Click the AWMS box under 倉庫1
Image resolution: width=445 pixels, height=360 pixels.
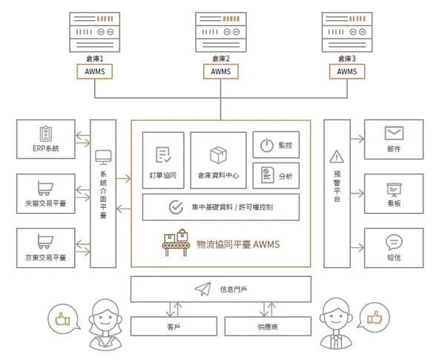(x=94, y=71)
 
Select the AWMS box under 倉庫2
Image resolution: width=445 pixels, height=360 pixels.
(x=221, y=71)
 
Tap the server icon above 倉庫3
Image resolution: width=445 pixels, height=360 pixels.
(x=347, y=32)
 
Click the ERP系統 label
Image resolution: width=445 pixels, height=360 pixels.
(x=46, y=148)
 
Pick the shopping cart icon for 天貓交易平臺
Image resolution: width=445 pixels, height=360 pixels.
(x=45, y=188)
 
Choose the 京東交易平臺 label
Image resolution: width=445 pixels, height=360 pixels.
(x=46, y=258)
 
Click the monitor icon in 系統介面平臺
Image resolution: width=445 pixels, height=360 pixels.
(x=103, y=157)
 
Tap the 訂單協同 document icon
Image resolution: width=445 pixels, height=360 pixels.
(x=163, y=154)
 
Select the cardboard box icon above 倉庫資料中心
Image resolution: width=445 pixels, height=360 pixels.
(x=218, y=155)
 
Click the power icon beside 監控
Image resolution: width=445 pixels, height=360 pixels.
(x=267, y=145)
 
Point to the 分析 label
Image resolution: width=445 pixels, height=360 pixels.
(x=286, y=177)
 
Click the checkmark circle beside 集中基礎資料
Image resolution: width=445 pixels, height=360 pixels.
(x=176, y=207)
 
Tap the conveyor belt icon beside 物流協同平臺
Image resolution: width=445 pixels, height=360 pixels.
(x=176, y=243)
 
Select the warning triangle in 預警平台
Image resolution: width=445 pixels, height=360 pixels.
(x=337, y=157)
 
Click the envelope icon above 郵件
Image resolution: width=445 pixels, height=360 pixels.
(x=394, y=133)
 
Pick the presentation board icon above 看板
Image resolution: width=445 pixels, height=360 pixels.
(x=394, y=190)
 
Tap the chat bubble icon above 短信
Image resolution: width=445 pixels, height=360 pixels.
(x=394, y=243)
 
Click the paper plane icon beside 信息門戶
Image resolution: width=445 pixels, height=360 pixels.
(x=202, y=289)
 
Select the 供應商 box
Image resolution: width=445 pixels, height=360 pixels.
(x=268, y=327)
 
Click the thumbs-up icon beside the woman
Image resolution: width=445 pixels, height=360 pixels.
(x=62, y=319)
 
